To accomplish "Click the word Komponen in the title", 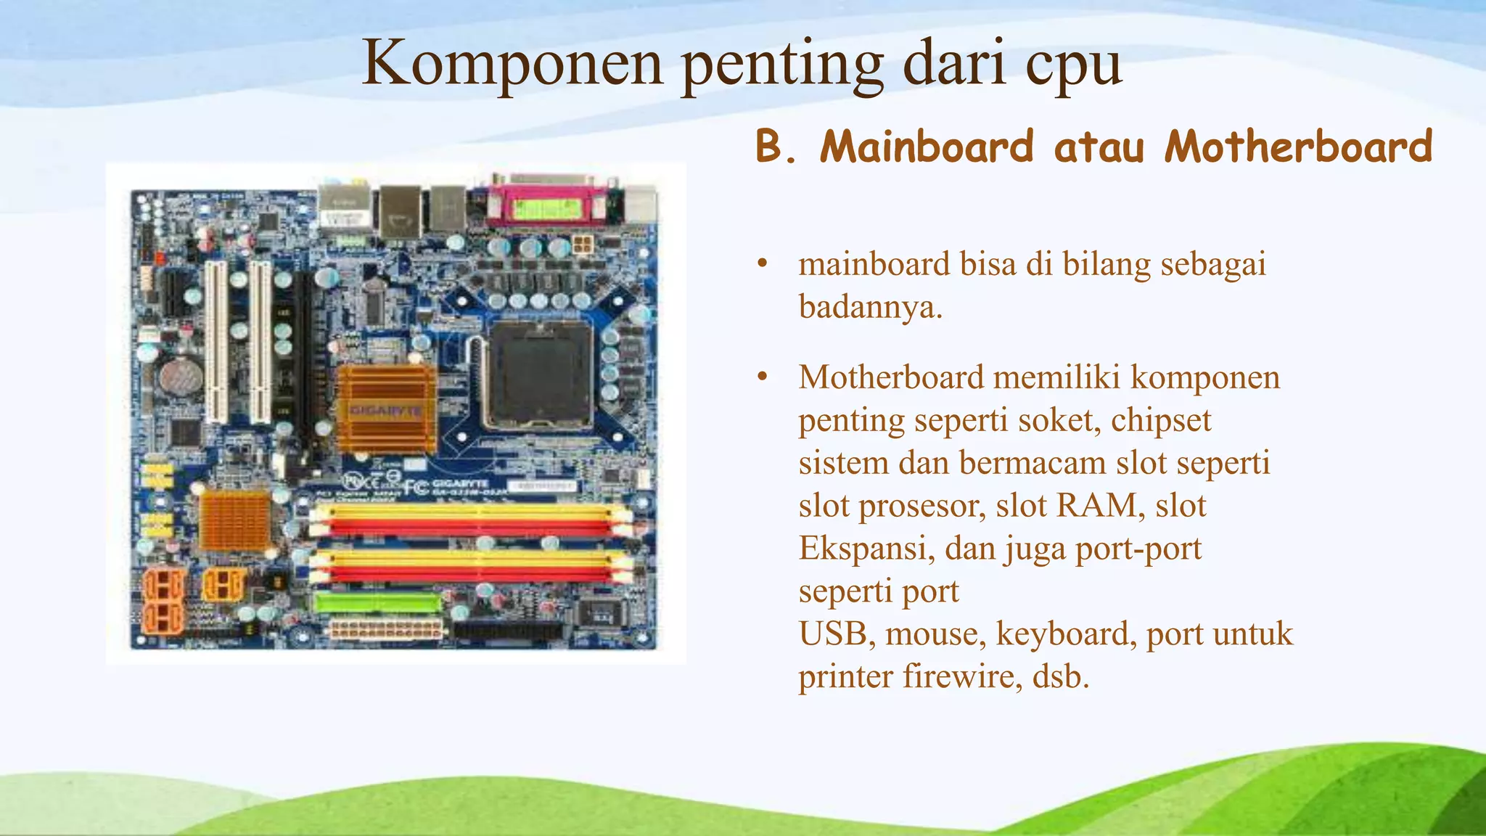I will coord(512,64).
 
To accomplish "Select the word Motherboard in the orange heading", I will coord(1299,147).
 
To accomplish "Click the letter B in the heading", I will coord(771,147).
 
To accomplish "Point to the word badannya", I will coord(869,308).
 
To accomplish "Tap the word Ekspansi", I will coord(866,549).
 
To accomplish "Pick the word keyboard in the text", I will coord(1067,634).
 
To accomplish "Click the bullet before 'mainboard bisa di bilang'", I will coord(761,264).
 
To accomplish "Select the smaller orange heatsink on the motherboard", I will coord(234,520).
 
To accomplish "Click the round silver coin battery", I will coord(181,375).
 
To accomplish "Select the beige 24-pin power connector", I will coord(386,628).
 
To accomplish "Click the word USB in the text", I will coord(832,634).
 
